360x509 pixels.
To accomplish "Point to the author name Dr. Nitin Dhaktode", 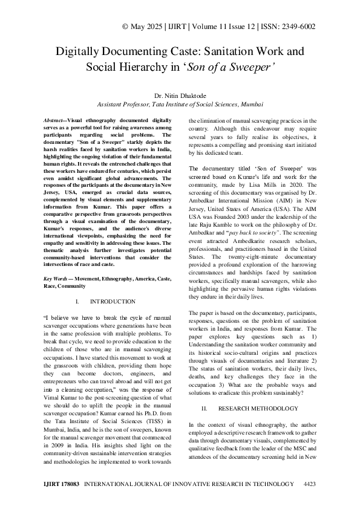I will point(180,94).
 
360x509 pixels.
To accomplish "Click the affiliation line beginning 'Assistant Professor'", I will point(180,103).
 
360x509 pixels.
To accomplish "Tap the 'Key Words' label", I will point(57,279).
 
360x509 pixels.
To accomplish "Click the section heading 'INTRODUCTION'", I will point(113,301).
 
